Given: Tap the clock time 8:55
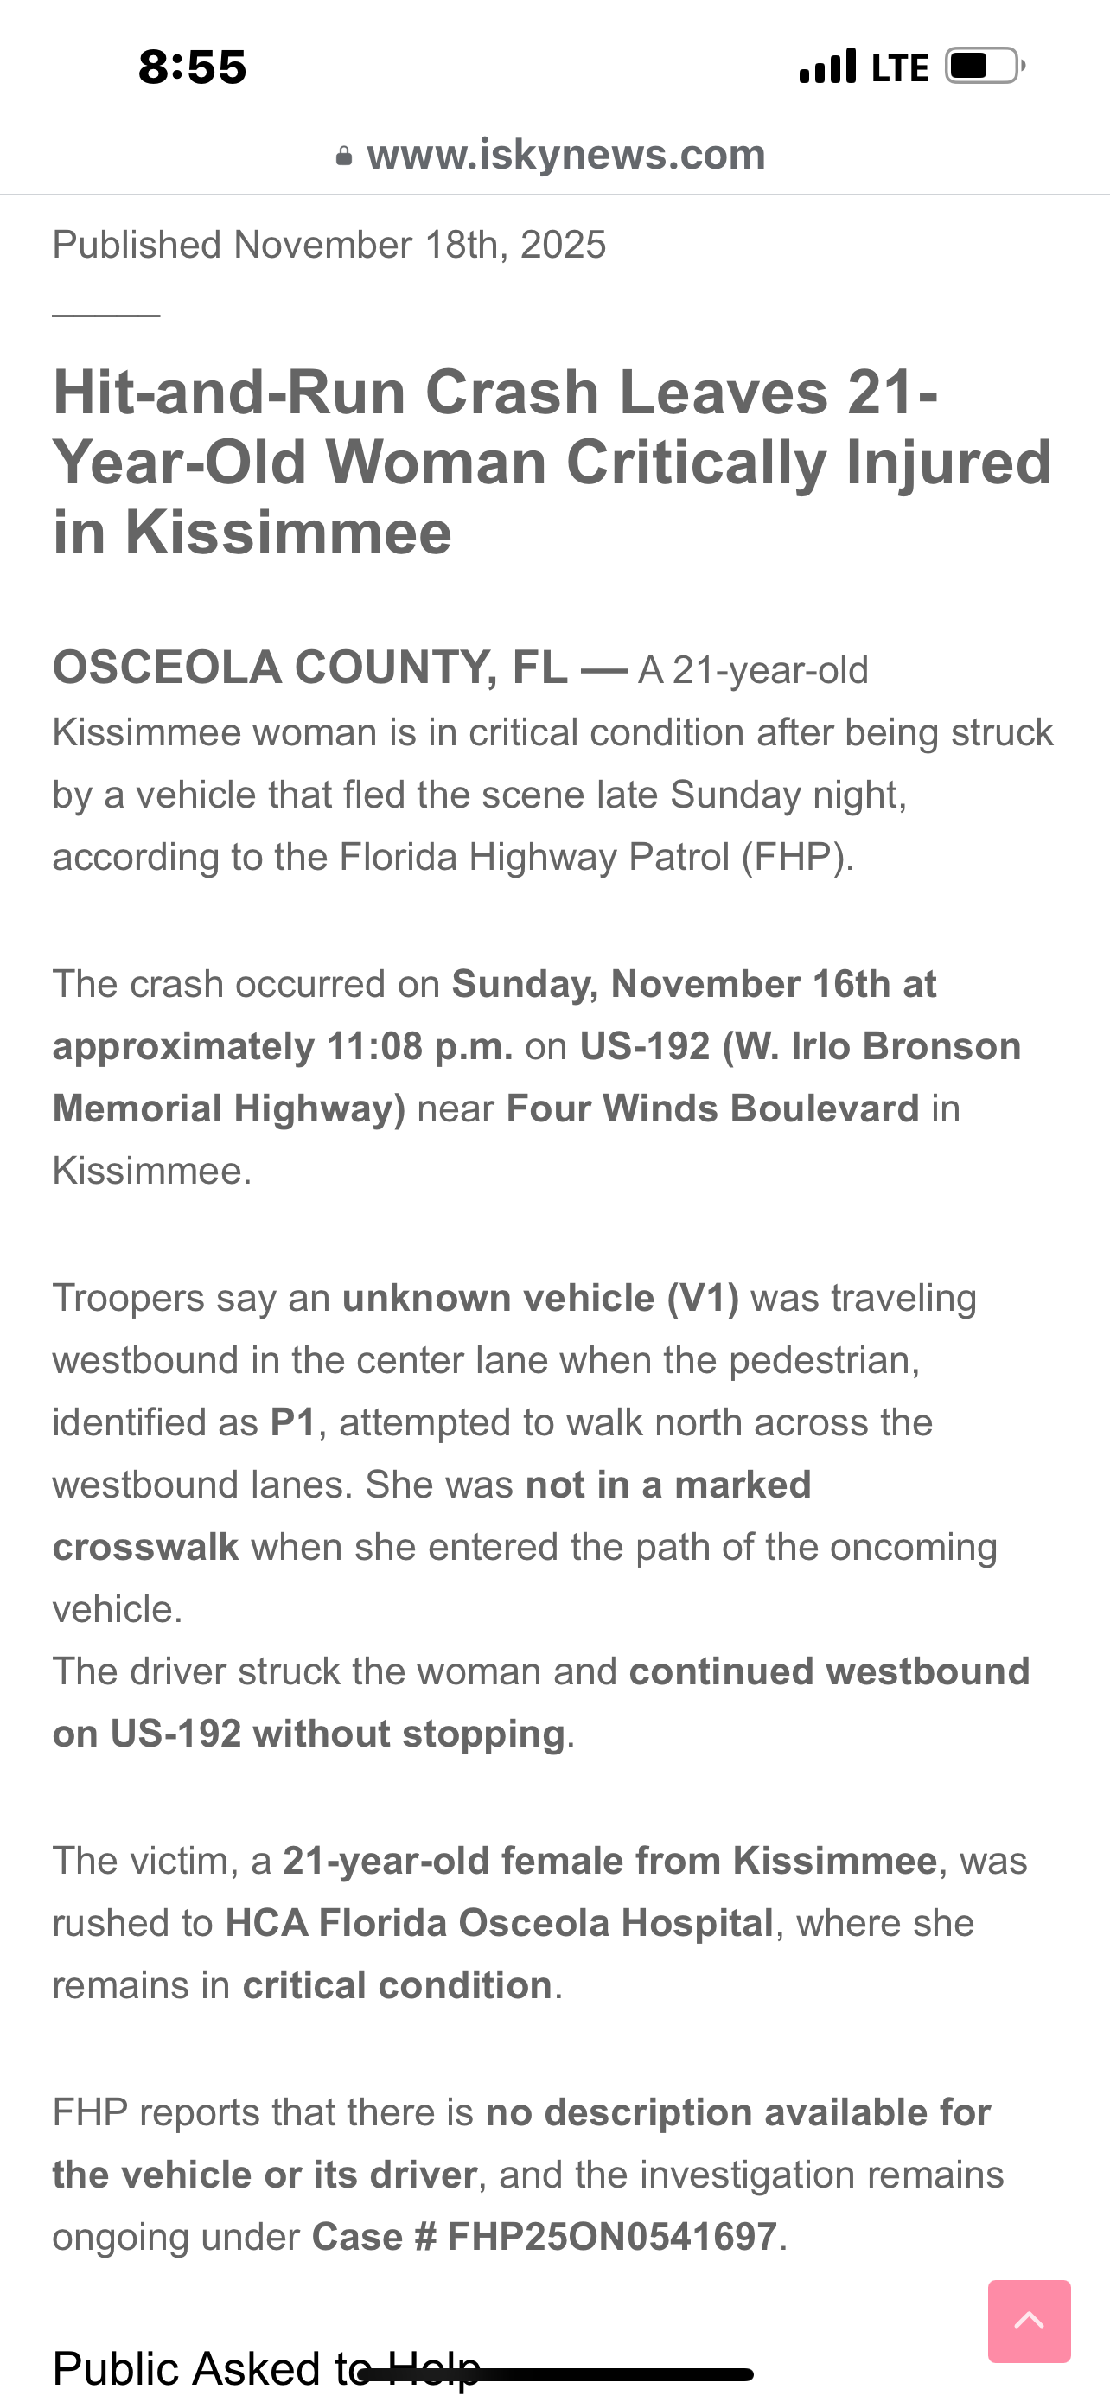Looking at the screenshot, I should coord(192,67).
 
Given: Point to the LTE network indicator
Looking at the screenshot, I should coord(899,68).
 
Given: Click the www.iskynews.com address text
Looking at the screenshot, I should coord(565,155).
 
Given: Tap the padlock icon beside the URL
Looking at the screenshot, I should coord(344,157).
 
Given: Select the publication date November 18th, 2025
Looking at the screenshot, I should coord(419,246).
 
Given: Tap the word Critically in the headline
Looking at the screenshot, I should coord(696,463).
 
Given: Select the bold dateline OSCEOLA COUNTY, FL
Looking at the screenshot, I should coord(309,668).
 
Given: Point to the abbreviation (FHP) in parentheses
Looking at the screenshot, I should coord(797,857).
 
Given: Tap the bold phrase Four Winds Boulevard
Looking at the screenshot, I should coord(713,1108).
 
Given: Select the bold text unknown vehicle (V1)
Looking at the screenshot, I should coord(540,1298).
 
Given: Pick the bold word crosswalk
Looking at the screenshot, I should coord(145,1547).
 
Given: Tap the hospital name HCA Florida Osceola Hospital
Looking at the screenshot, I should coord(500,1923).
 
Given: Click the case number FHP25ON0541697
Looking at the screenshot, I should coord(612,2237).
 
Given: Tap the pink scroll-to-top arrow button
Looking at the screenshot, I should coord(1029,2321).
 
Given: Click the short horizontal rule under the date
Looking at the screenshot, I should coord(106,316).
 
